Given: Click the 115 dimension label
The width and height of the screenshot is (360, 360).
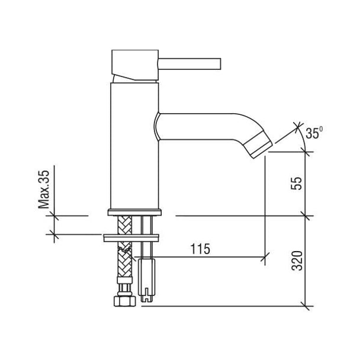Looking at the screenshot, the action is pos(200,249).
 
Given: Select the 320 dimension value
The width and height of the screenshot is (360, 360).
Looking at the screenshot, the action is pos(297,261).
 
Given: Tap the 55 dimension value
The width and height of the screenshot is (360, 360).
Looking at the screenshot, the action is pos(297,183).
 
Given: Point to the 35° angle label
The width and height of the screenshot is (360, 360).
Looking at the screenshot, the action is pos(314,133).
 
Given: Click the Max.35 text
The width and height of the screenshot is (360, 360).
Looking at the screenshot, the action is pos(44,189).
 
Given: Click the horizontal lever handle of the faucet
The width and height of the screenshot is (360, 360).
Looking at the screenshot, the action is pos(189,63).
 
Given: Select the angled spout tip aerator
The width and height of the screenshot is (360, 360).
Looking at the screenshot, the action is pos(258,144).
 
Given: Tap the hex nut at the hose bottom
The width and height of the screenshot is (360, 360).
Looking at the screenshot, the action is pos(125,301).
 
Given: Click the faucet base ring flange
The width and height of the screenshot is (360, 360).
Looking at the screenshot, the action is pos(134,212).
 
